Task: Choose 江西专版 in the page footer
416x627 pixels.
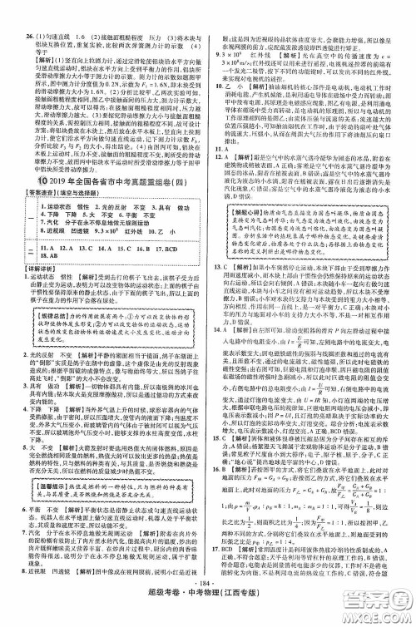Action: (250, 610)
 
